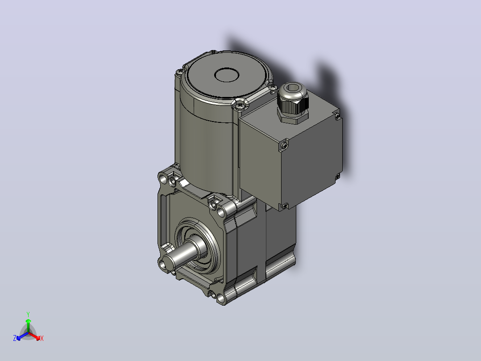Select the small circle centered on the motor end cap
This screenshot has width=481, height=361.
pyautogui.click(x=227, y=75)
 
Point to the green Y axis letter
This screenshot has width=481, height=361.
pyautogui.click(x=28, y=314)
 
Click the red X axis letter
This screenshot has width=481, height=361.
pyautogui.click(x=42, y=338)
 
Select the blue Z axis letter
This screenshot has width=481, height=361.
pyautogui.click(x=15, y=338)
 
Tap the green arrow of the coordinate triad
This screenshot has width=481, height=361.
pyautogui.click(x=28, y=325)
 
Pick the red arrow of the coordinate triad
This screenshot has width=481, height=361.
pyautogui.click(x=34, y=336)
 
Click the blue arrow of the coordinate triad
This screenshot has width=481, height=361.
pyautogui.click(x=22, y=336)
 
